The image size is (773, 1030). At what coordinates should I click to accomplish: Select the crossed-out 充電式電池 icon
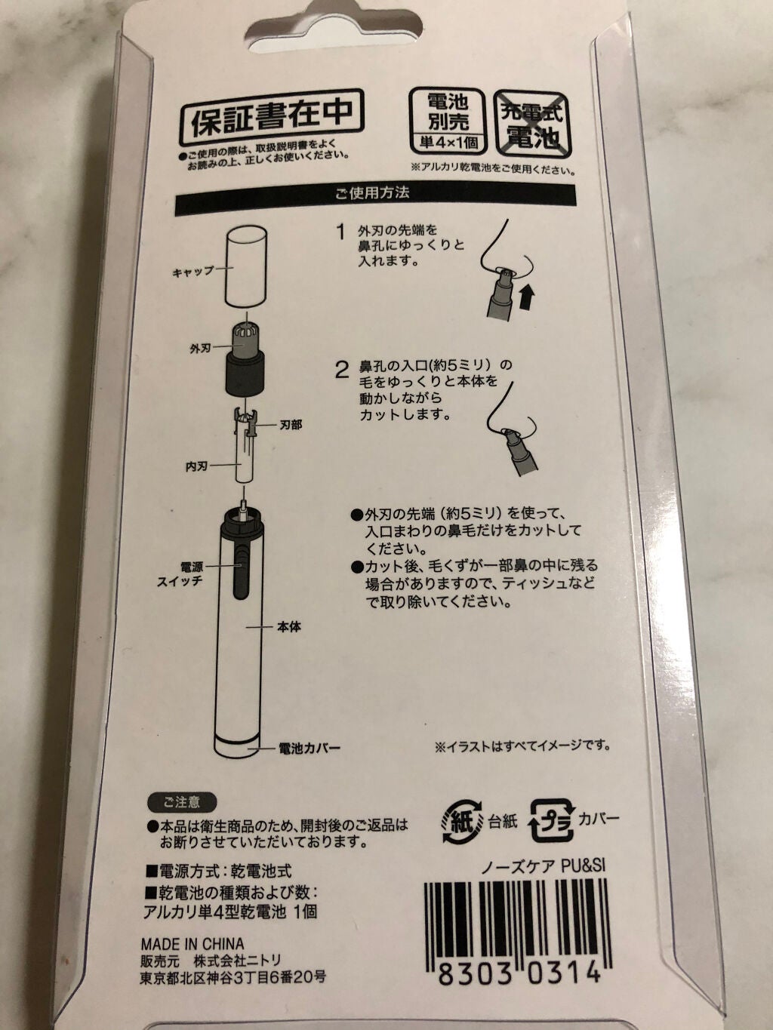point(534,125)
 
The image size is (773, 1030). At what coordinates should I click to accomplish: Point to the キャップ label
point(193,272)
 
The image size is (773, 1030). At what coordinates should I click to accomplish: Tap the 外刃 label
point(200,349)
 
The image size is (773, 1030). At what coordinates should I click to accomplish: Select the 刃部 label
point(291,426)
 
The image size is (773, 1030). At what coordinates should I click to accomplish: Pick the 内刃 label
point(196,466)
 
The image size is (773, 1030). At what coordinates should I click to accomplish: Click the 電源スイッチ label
point(180,573)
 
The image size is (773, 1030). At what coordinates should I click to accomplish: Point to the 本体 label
point(288,626)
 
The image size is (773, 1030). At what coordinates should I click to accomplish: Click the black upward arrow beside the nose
point(528,298)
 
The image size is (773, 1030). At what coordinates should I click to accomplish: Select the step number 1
point(342,232)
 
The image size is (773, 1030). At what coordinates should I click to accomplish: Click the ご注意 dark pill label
point(182,802)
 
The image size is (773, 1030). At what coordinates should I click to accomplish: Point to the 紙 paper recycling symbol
point(462,821)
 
